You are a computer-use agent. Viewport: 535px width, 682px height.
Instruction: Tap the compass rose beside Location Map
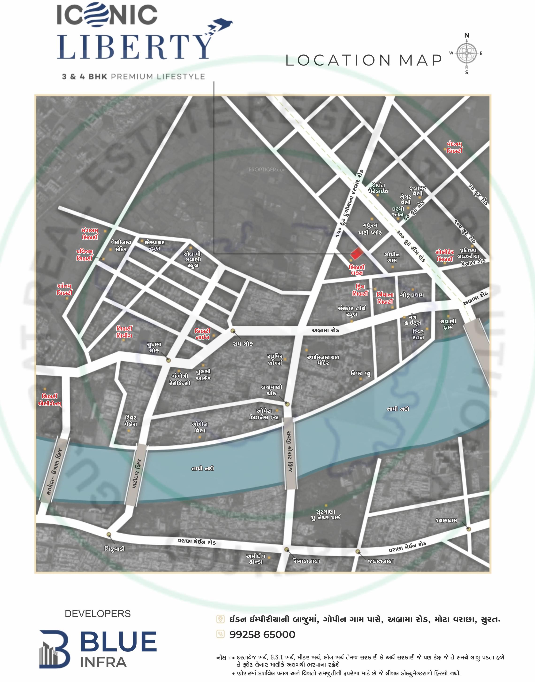click(x=466, y=54)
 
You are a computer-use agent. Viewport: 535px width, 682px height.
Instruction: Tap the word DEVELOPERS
click(x=97, y=614)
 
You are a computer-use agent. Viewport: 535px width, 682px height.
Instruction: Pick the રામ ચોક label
click(x=243, y=344)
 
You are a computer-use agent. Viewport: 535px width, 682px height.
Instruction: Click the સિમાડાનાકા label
click(x=306, y=561)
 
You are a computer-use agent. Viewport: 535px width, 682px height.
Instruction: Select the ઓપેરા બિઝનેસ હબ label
click(x=264, y=414)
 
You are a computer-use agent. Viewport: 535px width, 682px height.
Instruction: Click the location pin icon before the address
click(x=221, y=619)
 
